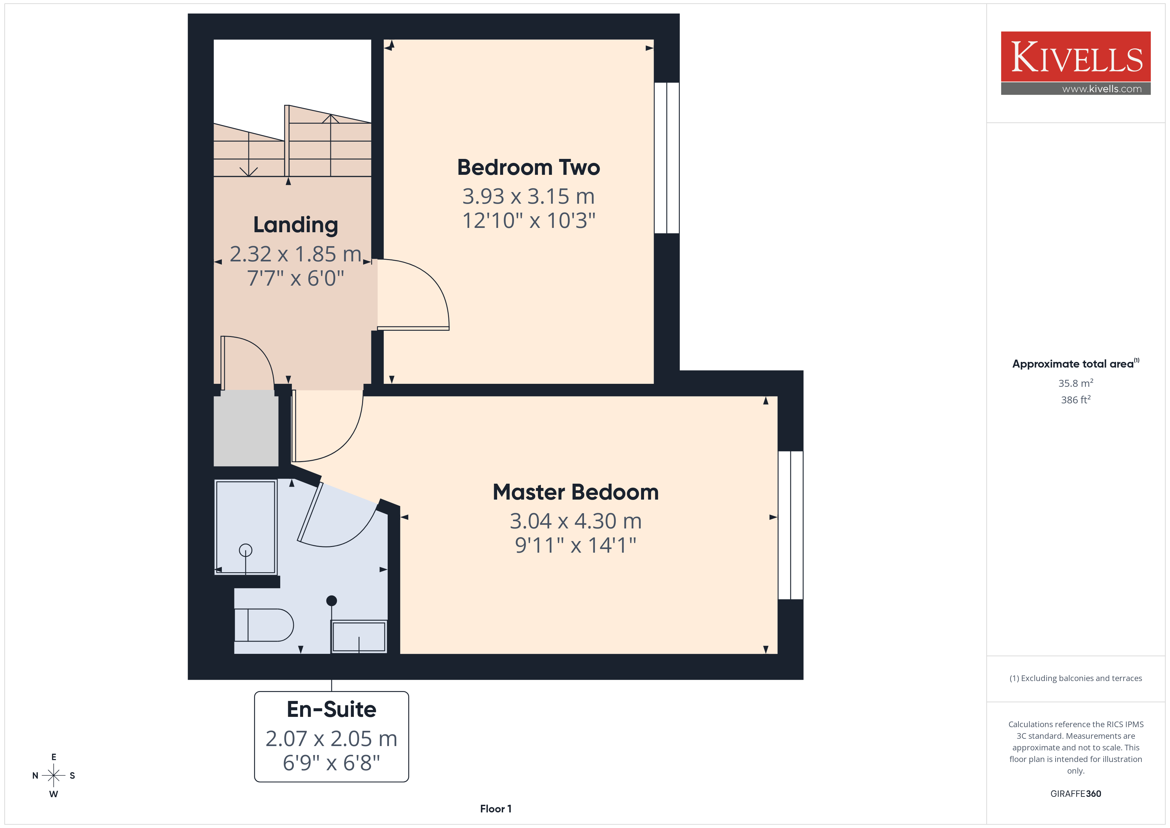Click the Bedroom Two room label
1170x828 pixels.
528,167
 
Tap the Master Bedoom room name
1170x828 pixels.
576,492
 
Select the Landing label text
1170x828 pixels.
295,225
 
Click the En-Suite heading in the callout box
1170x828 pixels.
332,709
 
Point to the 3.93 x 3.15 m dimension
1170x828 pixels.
528,196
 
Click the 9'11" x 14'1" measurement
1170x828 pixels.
576,545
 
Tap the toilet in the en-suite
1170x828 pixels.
263,625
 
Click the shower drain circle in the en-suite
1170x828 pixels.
246,550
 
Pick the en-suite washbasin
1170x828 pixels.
359,636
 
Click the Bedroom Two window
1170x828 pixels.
667,158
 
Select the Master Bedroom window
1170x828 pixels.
790,525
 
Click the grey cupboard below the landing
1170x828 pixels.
246,428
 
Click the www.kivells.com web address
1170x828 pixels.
1102,89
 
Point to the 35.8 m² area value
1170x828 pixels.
1076,383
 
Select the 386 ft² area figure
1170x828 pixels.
1076,400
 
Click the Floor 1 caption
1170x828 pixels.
496,809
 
